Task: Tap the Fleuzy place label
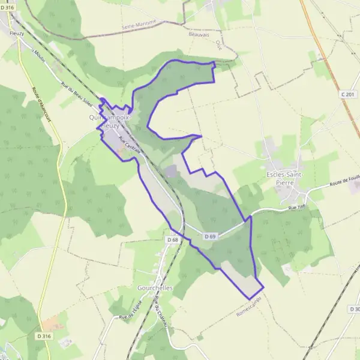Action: (x=16, y=34)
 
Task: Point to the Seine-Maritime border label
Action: (x=139, y=25)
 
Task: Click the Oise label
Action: (x=218, y=44)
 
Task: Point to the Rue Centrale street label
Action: (x=130, y=145)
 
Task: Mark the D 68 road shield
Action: (x=172, y=240)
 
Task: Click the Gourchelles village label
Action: (x=155, y=288)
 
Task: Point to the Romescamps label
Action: (x=250, y=307)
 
